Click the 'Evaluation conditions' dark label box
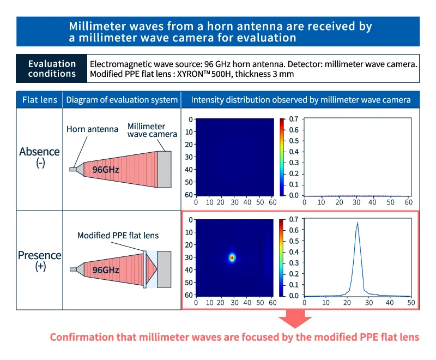52,69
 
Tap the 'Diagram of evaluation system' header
122,100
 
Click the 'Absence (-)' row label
40,157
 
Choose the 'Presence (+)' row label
40,260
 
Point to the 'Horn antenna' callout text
92,129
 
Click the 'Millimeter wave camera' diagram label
152,130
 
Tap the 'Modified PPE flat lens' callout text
118,236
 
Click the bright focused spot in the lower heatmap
232,257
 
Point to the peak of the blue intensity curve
358,223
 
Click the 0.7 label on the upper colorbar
293,119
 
